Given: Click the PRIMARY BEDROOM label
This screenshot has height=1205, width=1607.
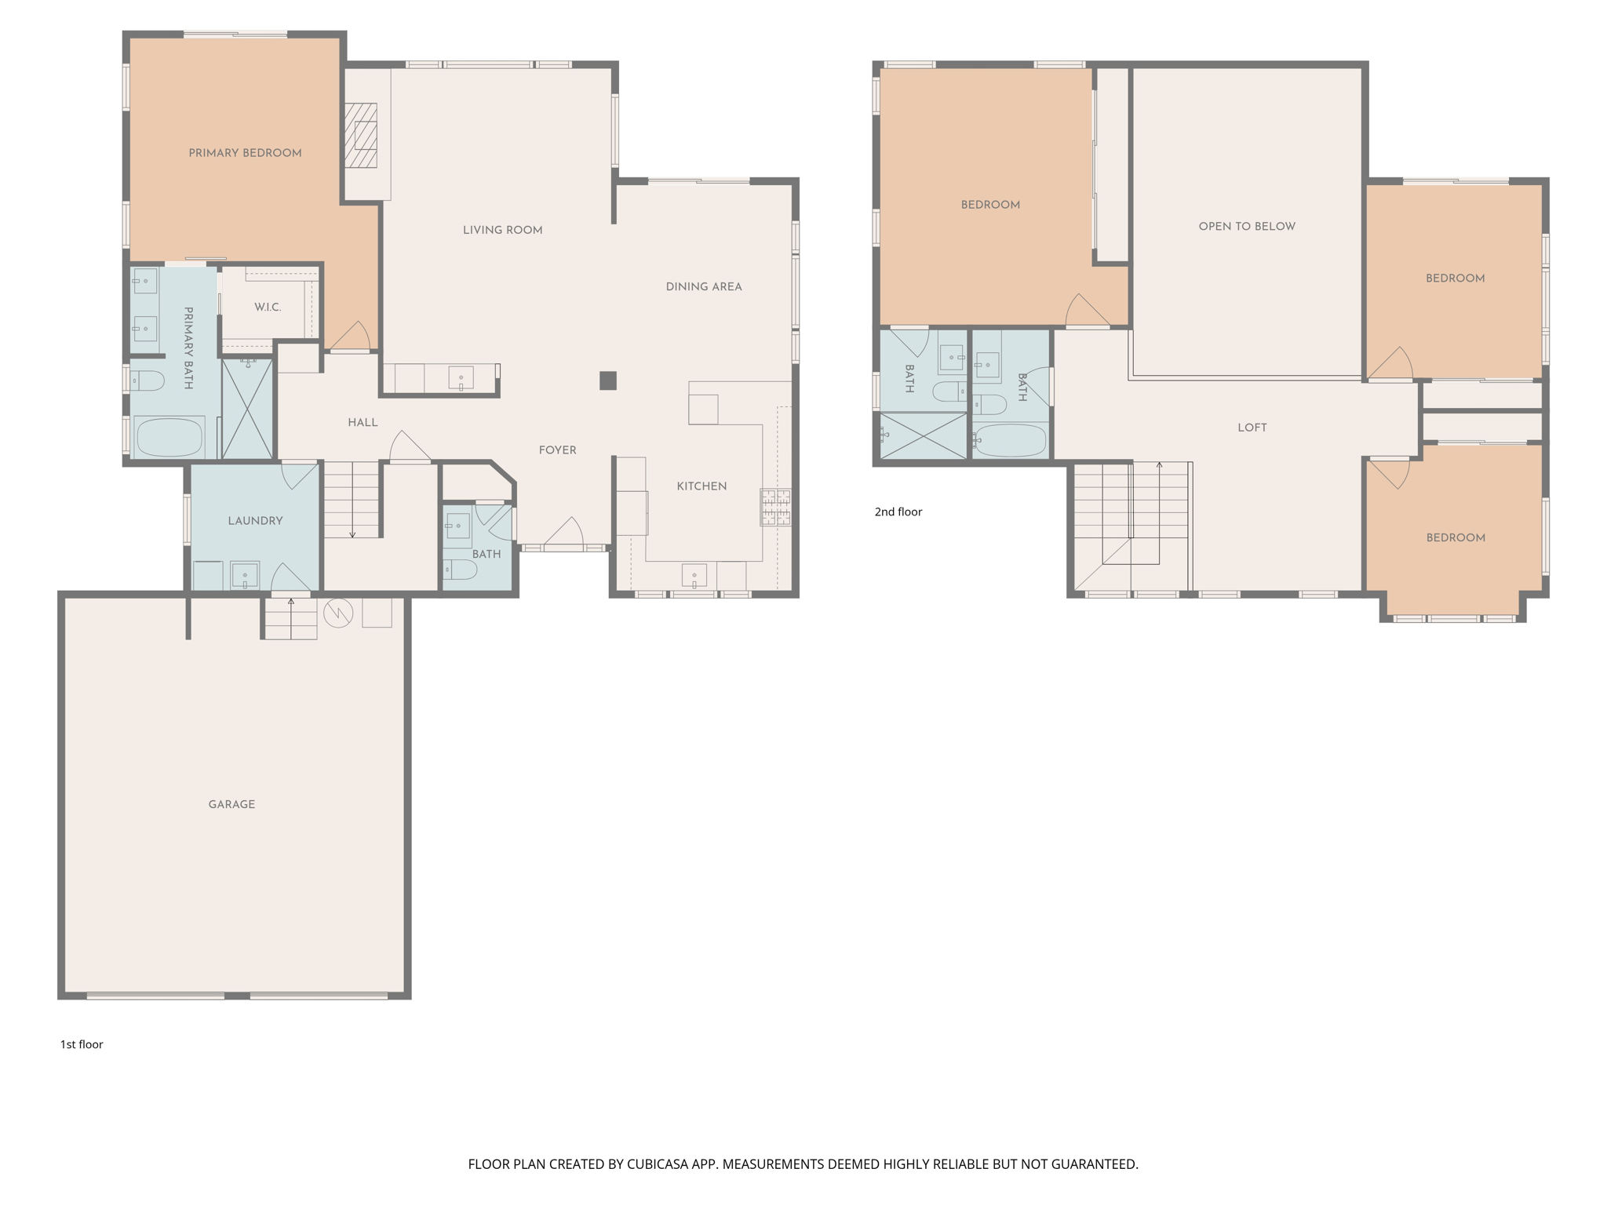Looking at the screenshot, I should (245, 153).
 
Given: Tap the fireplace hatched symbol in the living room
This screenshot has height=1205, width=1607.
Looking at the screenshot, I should (361, 136).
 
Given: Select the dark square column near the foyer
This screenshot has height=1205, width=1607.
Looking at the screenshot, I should (608, 380).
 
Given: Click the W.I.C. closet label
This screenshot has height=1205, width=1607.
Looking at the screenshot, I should (268, 308).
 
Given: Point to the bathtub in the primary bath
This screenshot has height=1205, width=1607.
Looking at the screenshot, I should (169, 437).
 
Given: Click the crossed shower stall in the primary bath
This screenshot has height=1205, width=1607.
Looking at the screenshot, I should (247, 408).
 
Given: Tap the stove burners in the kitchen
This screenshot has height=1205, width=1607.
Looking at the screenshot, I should (775, 507).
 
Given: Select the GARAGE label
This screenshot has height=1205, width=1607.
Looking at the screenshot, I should (231, 804).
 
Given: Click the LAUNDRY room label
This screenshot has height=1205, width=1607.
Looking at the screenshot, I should (255, 521).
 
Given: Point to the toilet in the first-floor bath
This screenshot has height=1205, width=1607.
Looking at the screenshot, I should (460, 569).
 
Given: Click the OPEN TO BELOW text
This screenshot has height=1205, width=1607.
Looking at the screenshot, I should (1247, 227).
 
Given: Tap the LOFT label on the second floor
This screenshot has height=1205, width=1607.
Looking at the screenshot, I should (1252, 428).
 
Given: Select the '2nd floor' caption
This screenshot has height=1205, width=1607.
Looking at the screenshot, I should (898, 511).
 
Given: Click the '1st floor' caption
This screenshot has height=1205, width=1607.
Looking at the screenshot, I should (82, 1044).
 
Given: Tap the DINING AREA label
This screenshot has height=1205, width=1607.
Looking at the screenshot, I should (704, 287).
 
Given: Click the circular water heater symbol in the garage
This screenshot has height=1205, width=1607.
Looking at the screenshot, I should (338, 613).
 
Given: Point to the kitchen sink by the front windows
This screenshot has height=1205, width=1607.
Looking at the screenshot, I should (694, 576).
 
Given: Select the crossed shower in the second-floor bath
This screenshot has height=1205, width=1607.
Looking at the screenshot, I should (924, 435).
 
